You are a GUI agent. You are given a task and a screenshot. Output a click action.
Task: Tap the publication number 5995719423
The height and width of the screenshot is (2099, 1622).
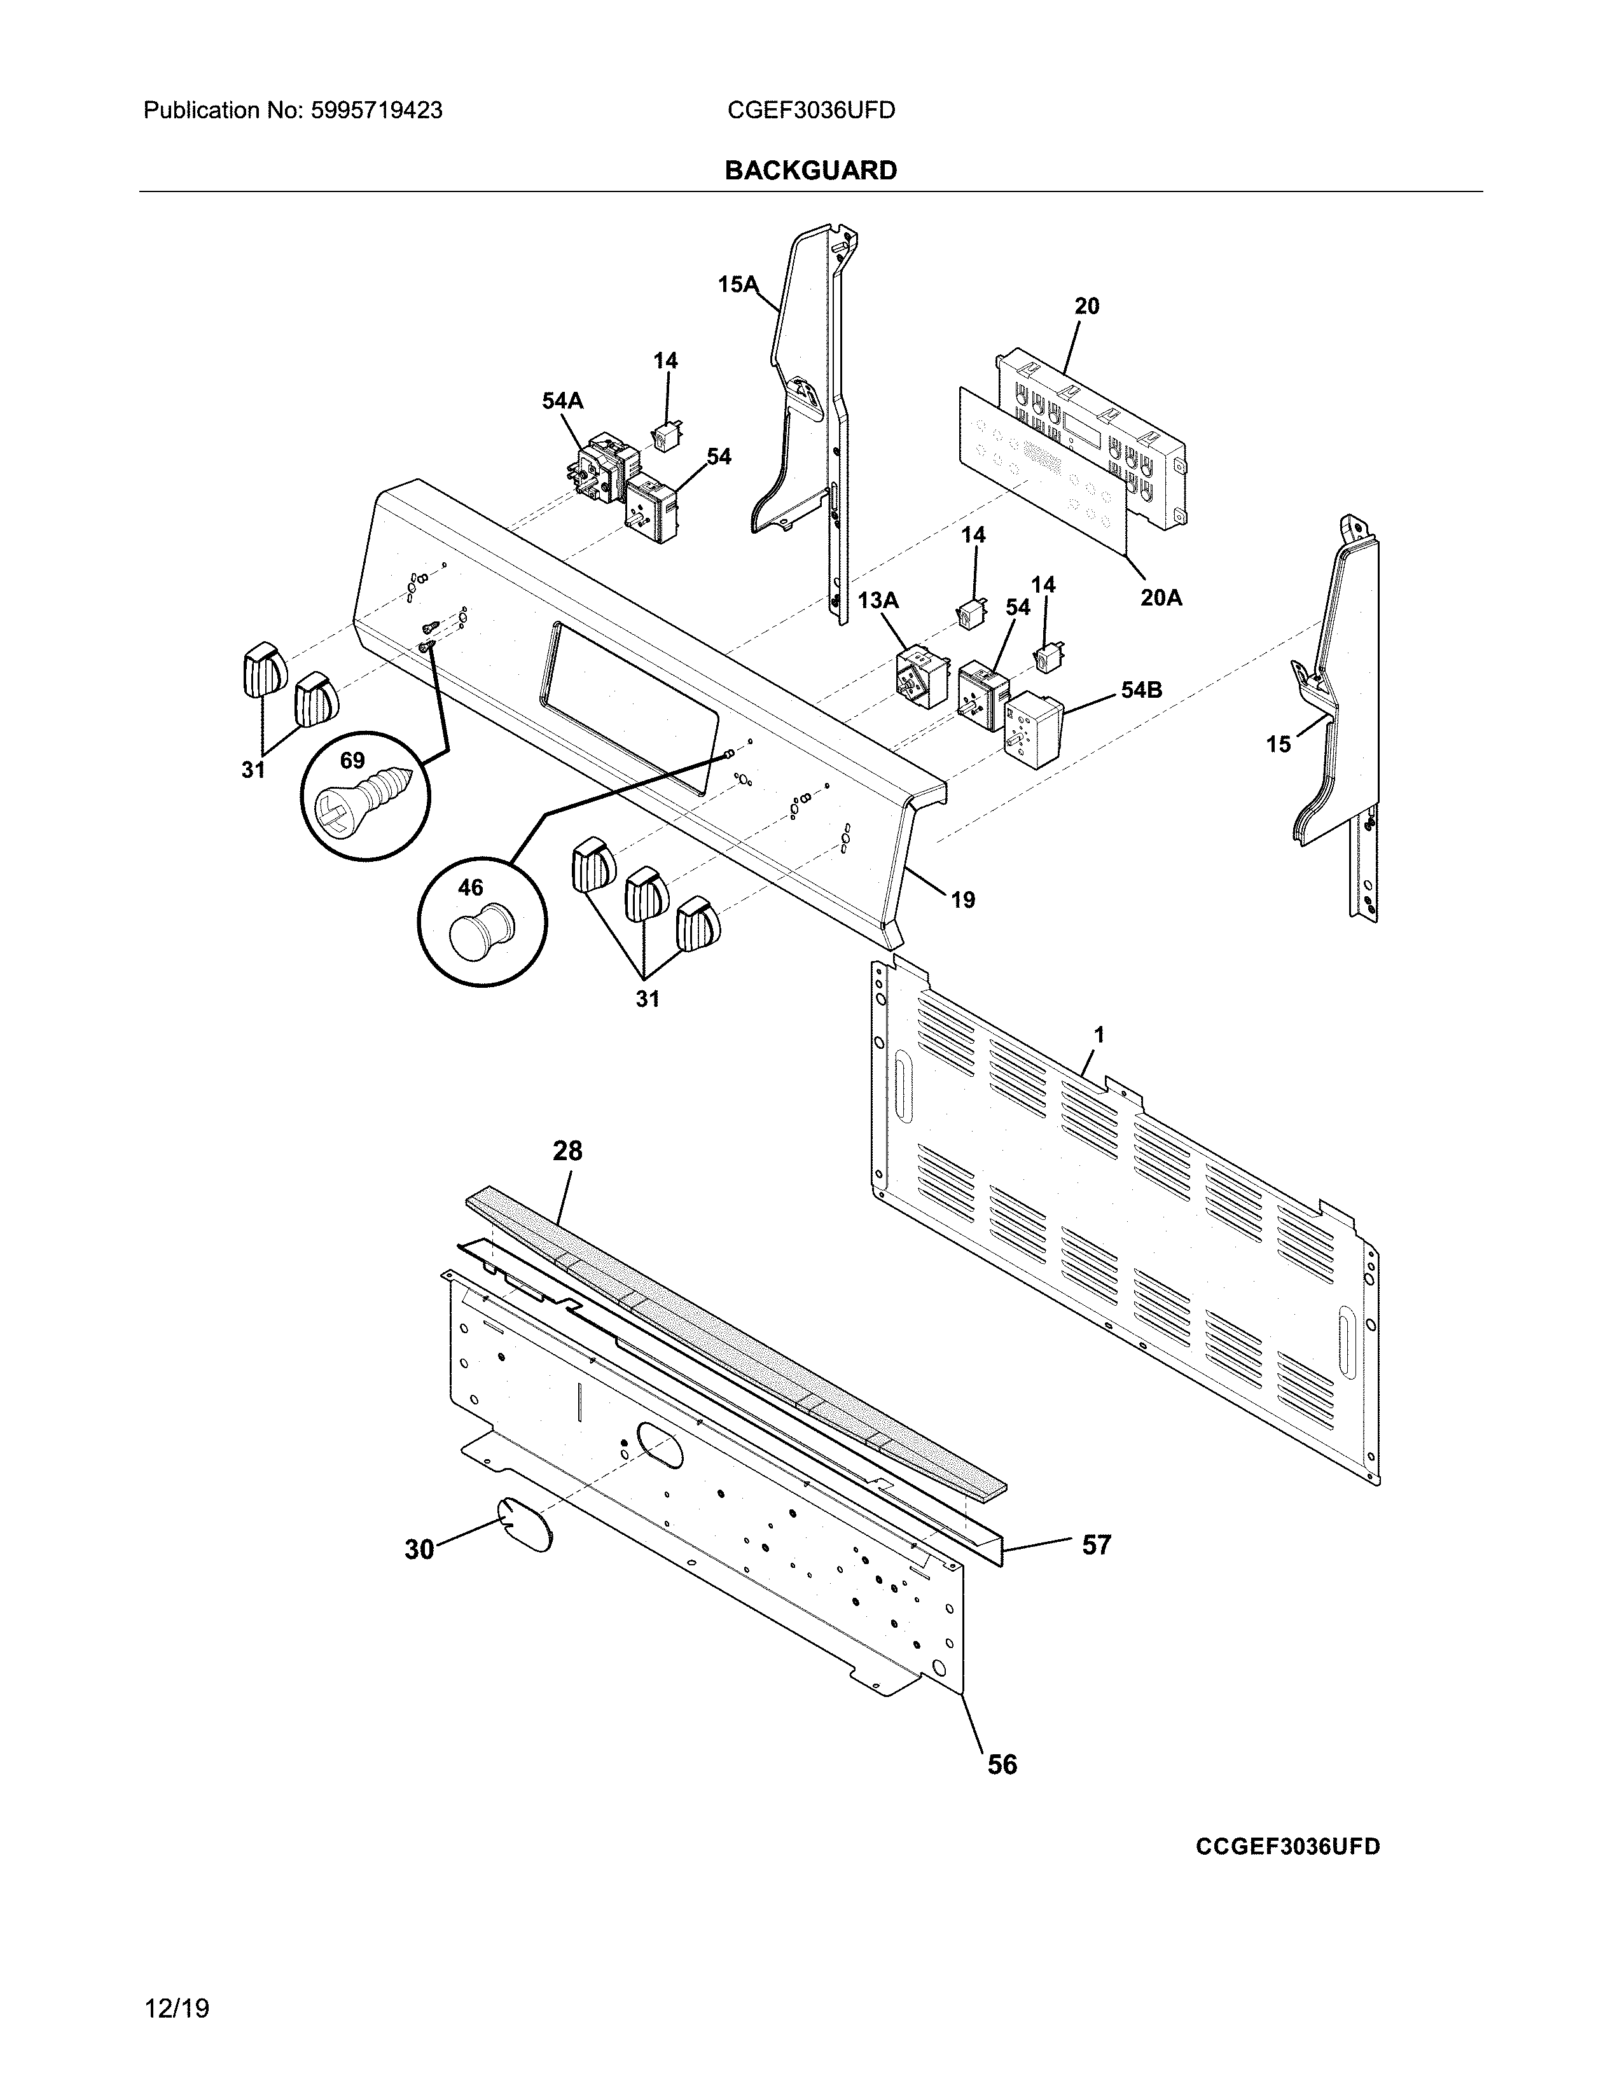[x=376, y=111]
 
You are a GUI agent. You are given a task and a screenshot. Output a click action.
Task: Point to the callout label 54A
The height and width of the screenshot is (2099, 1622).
[x=562, y=401]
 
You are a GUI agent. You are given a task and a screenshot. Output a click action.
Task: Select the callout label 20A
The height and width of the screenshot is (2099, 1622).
[x=1161, y=598]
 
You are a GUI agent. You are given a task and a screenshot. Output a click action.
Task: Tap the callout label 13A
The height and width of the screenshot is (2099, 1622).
[x=877, y=600]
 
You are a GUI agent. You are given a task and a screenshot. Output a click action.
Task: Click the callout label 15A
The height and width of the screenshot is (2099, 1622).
[x=737, y=284]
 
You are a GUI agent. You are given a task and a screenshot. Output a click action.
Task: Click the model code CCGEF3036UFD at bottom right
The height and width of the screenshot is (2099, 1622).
[x=1287, y=1846]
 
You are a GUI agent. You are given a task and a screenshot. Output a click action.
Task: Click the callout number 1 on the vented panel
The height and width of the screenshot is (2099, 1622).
[x=1099, y=1035]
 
